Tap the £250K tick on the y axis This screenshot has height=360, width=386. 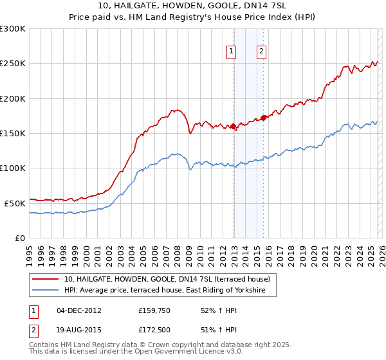(14, 64)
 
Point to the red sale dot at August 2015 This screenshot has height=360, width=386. (264, 118)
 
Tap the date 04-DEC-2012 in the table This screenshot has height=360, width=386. (78, 310)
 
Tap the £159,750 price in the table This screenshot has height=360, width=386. (153, 310)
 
